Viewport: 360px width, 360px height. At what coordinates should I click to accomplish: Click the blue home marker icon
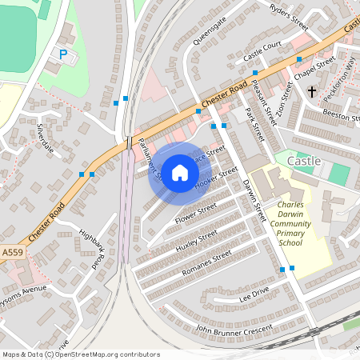coord(180,173)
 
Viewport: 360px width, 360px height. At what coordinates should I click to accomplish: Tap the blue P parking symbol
coord(63,54)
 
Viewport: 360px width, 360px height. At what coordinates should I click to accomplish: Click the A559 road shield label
coord(12,251)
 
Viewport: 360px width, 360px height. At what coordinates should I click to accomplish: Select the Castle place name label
coord(303,161)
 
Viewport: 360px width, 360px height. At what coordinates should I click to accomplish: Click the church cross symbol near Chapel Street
coord(312,92)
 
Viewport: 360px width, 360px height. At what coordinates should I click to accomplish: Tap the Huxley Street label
coord(196,241)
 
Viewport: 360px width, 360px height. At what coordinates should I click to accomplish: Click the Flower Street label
coord(196,214)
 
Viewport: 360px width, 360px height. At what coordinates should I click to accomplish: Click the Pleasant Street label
coord(261,98)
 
